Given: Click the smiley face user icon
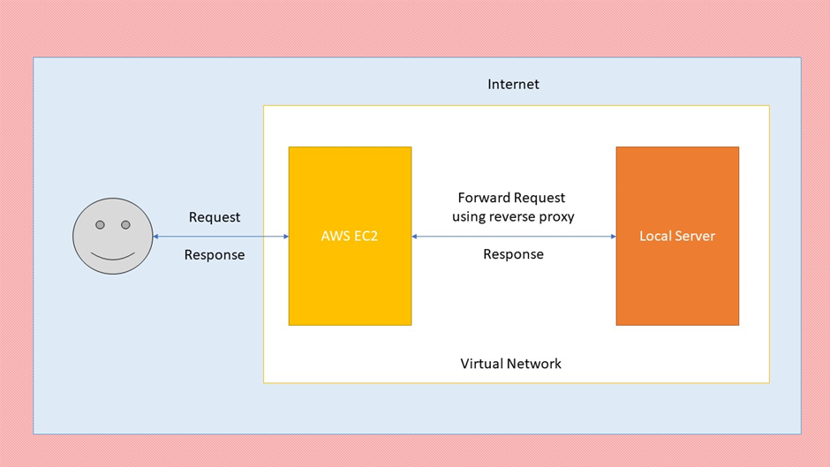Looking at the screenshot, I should coord(112,236).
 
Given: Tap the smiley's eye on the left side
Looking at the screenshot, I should coord(100,225).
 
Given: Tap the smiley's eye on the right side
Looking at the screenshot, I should coord(125,225).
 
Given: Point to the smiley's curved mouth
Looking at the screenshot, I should coord(112,255).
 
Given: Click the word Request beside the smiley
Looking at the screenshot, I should coord(215,217).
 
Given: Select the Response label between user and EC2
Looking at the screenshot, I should coord(215,255).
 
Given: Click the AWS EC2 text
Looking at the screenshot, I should coord(350,237).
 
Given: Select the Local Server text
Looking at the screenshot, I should coord(677,237).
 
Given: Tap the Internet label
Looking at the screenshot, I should coord(513,85).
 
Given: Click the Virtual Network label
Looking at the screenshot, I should coord(510,364).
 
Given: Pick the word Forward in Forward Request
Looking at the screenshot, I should coord(483,198).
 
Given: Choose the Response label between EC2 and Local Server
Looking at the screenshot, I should coord(513,254).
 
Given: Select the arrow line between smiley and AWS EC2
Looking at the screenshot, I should coord(221,237).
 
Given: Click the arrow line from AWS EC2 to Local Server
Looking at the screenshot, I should coord(513,237).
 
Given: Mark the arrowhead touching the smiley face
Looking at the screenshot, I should coord(156,237).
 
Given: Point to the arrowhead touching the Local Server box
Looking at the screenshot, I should coord(612,237).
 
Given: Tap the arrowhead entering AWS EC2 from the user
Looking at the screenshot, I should coord(285,237).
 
